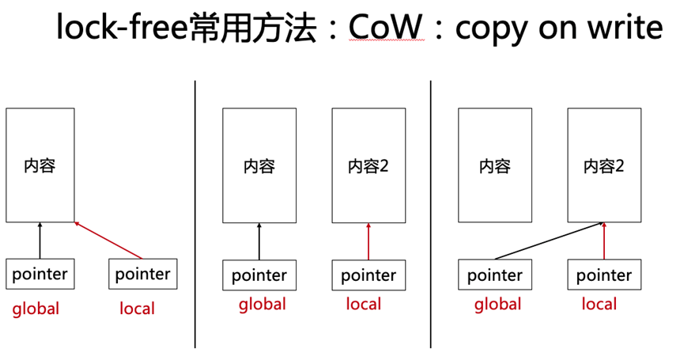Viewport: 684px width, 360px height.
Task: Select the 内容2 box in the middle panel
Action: tap(368, 165)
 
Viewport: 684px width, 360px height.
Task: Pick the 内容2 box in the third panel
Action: tap(604, 165)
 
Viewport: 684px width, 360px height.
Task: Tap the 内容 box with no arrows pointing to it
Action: tap(495, 165)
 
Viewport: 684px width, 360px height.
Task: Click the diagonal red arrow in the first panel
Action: tap(108, 241)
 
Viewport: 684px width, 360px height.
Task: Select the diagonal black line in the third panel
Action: tap(548, 241)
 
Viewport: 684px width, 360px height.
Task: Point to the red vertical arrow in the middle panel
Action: tap(368, 242)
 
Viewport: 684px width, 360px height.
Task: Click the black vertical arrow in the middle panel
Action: tap(259, 242)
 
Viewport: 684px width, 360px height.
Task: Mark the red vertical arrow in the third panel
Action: tap(604, 241)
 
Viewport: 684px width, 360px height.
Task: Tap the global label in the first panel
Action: tap(36, 309)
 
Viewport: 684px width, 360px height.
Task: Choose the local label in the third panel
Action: tap(599, 304)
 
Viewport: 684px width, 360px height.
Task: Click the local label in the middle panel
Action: tap(364, 304)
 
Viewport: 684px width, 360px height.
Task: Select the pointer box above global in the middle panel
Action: tap(259, 275)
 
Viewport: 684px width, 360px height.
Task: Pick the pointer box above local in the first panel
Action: tap(143, 274)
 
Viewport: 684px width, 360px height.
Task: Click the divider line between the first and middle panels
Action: tap(195, 214)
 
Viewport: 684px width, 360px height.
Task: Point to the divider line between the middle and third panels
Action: tap(431, 214)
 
